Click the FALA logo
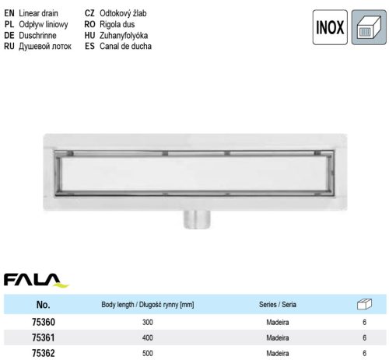tap(36, 279)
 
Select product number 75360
tap(44, 321)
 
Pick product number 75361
tap(44, 337)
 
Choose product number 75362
tap(44, 354)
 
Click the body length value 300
tap(148, 321)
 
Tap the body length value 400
tap(148, 337)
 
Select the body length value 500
tap(148, 354)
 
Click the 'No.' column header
tap(44, 305)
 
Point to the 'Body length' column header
tap(148, 305)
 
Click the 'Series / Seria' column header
tap(278, 305)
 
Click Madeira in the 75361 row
tap(278, 337)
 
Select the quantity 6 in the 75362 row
tap(364, 354)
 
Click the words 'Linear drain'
tap(39, 14)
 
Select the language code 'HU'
tap(89, 36)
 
